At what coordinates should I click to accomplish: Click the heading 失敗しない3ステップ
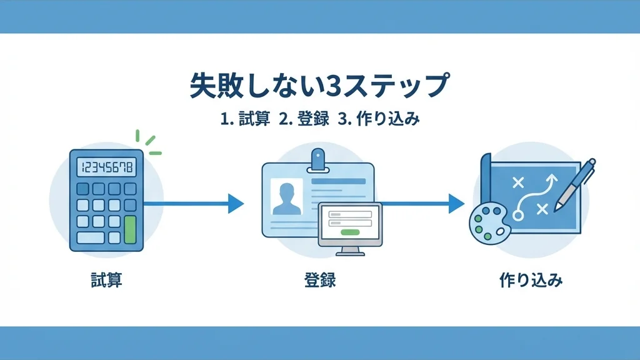(x=319, y=87)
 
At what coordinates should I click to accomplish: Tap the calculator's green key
(x=130, y=229)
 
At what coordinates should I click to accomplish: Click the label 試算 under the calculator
(x=106, y=279)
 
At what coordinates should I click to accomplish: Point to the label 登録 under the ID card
(x=319, y=279)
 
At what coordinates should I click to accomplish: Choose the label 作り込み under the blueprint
(x=531, y=279)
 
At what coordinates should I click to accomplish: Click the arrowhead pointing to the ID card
(x=235, y=203)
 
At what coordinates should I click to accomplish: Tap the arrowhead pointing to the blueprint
(x=456, y=203)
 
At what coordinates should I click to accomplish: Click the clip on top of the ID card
(x=319, y=159)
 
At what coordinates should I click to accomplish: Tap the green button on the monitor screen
(x=350, y=232)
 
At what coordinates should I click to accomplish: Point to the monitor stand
(x=350, y=251)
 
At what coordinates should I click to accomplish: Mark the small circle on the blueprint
(x=517, y=215)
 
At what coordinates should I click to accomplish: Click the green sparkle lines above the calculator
(x=149, y=143)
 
